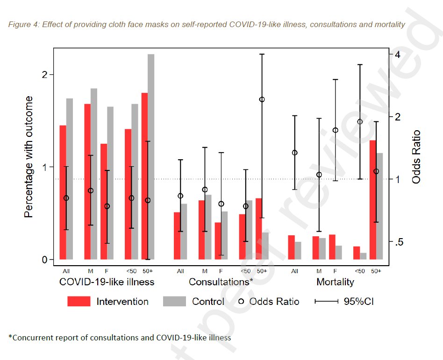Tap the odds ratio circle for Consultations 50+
coord(262,99)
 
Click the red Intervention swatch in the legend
coord(79,302)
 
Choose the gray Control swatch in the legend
coord(175,302)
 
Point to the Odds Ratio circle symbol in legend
coord(242,302)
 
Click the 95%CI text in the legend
coord(358,302)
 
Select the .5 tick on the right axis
coord(398,242)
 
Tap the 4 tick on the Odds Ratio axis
coord(397,54)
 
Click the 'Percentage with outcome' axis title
coord(29,157)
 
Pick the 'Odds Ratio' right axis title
coord(416,157)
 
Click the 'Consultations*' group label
coord(221,282)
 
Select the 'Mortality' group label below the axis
coord(335,282)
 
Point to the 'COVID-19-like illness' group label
coord(107,282)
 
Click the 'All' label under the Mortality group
coord(294,271)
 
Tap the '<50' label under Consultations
coord(245,271)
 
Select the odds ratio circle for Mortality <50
coord(360,122)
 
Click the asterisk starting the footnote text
coord(10,337)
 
